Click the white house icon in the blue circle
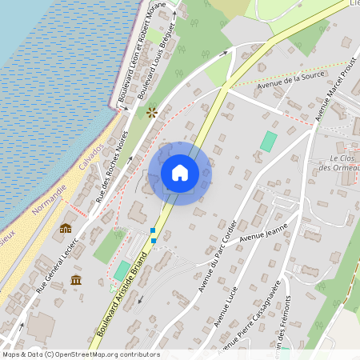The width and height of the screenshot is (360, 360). click(180, 172)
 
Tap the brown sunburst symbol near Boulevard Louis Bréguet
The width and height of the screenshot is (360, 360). click(150, 114)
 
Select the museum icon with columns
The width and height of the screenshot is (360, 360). click(76, 280)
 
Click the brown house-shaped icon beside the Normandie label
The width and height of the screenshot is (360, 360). click(66, 228)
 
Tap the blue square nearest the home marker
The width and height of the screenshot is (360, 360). click(153, 230)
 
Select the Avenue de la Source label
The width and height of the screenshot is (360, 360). click(288, 81)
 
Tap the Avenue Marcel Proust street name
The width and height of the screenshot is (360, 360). click(334, 92)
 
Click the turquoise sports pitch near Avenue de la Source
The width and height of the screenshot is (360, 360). click(269, 142)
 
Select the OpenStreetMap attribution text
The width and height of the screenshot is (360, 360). click(80, 354)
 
